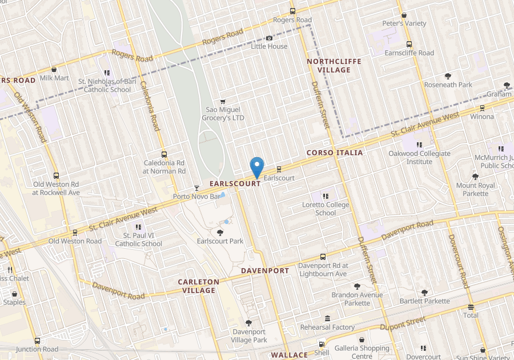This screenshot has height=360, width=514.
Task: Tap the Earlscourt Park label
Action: pyautogui.click(x=220, y=241)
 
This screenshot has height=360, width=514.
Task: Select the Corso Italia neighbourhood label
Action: pyautogui.click(x=334, y=153)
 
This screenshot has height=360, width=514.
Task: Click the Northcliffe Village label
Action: pyautogui.click(x=328, y=65)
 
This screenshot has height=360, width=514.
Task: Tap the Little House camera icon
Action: pyautogui.click(x=270, y=38)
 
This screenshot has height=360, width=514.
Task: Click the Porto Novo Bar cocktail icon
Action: pyautogui.click(x=197, y=188)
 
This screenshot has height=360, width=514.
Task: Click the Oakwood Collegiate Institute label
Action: pyautogui.click(x=419, y=157)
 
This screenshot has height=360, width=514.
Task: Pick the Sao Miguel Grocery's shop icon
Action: pyautogui.click(x=223, y=101)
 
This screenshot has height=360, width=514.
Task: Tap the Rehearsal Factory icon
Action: pyautogui.click(x=327, y=318)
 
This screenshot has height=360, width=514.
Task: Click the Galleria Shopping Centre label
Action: pyautogui.click(x=362, y=352)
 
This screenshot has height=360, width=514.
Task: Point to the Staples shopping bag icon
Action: pyautogui.click(x=14, y=294)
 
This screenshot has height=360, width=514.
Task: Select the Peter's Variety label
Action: pyautogui.click(x=404, y=23)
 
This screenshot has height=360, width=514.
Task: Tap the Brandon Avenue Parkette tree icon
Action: pyautogui.click(x=357, y=286)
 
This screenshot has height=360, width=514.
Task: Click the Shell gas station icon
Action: pyautogui.click(x=322, y=345)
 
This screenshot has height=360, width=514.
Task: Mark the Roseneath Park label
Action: pyautogui.click(x=448, y=85)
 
